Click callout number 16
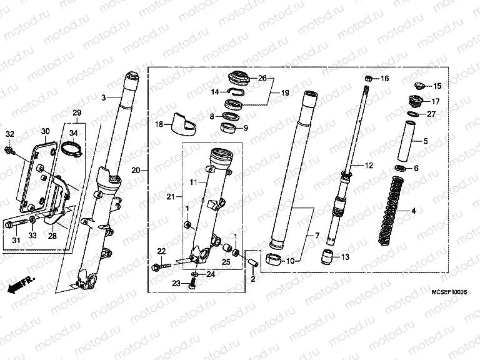pyautogui.click(x=384, y=79)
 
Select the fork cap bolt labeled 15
pyautogui.click(x=419, y=86)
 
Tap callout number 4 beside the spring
pyautogui.click(x=413, y=211)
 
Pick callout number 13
pyautogui.click(x=346, y=256)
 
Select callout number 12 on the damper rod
pyautogui.click(x=369, y=166)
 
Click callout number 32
pyautogui.click(x=9, y=134)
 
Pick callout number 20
pyautogui.click(x=135, y=170)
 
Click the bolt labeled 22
pyautogui.click(x=161, y=267)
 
